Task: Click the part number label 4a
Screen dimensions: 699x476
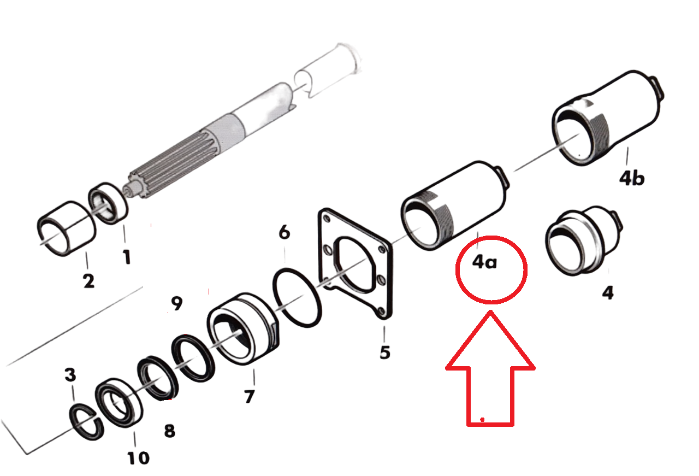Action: (x=484, y=262)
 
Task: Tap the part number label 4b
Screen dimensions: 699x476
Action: (x=632, y=178)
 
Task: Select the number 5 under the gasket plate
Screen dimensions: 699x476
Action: (x=385, y=352)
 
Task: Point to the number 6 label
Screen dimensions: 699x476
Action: (x=285, y=232)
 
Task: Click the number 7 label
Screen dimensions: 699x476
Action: (x=250, y=397)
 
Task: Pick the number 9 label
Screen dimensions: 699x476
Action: (x=177, y=303)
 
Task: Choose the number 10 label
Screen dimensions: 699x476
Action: (x=138, y=458)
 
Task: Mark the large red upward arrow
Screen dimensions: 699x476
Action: (x=490, y=368)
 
